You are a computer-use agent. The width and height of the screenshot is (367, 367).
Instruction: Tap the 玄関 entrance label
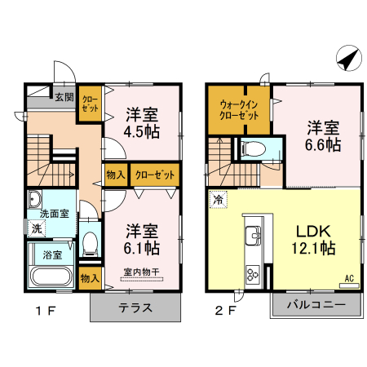tap(64, 96)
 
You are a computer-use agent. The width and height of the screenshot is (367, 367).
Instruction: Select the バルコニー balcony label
tap(314, 307)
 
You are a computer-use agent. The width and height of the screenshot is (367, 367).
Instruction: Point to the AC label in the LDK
tap(349, 278)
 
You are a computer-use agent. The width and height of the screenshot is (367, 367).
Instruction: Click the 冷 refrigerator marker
tap(218, 199)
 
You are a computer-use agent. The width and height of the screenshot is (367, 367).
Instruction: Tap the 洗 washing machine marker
tap(36, 229)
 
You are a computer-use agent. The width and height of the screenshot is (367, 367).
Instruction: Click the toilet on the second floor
tap(254, 149)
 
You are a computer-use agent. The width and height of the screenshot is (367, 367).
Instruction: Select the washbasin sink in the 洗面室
tap(35, 200)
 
